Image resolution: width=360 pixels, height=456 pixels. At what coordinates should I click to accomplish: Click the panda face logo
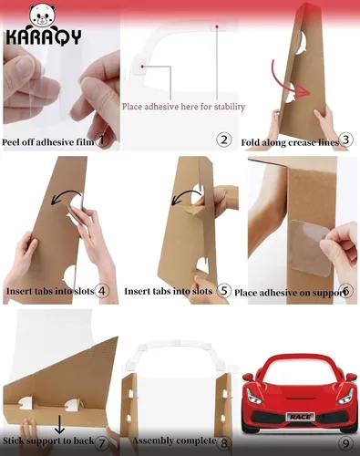43,16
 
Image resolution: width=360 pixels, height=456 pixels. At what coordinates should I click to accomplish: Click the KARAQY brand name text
44,37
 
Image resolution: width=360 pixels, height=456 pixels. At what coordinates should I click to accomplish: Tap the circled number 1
102,140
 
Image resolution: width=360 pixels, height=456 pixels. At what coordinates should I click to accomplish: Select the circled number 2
224,140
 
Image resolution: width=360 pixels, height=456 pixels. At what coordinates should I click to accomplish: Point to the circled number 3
345,140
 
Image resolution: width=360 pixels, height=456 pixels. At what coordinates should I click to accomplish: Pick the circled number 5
224,291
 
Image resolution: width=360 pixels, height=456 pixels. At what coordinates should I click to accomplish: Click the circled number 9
345,443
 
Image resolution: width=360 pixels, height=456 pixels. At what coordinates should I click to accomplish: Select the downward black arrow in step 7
59,424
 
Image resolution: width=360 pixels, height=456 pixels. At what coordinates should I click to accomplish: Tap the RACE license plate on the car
300,417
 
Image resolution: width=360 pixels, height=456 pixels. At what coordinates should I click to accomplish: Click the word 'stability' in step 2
230,107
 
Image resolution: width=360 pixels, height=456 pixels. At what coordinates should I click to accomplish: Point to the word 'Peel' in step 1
10,142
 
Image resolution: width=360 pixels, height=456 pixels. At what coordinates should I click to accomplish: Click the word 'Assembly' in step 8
152,440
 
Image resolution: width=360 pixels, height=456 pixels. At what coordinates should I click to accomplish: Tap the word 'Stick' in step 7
12,440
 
